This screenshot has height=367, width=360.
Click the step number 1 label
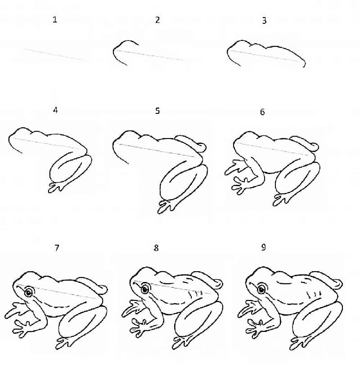pos(55,20)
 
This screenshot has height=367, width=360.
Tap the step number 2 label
pos(157,20)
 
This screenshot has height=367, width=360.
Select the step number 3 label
pos(264,20)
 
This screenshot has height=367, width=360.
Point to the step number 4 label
pos(55,110)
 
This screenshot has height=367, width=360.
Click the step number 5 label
pos(157,111)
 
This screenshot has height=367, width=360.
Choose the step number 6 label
pos(262,112)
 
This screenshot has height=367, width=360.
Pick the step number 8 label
pos(156,248)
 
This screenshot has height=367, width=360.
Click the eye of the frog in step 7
pos(29,292)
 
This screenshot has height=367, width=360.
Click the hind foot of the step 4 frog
pos(56,187)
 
